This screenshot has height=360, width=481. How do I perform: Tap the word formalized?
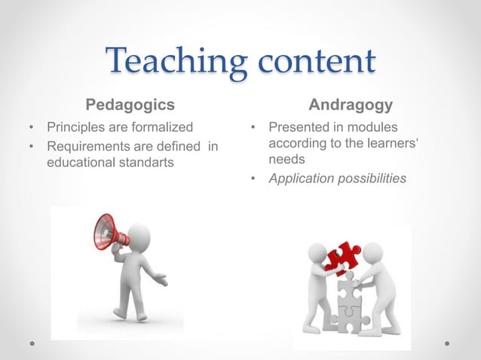pos(159,126)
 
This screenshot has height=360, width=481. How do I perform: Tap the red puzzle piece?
pos(341,255)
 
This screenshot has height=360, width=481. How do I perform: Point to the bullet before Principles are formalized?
pos(31,127)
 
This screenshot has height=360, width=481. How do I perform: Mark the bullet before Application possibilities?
pos(255,179)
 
